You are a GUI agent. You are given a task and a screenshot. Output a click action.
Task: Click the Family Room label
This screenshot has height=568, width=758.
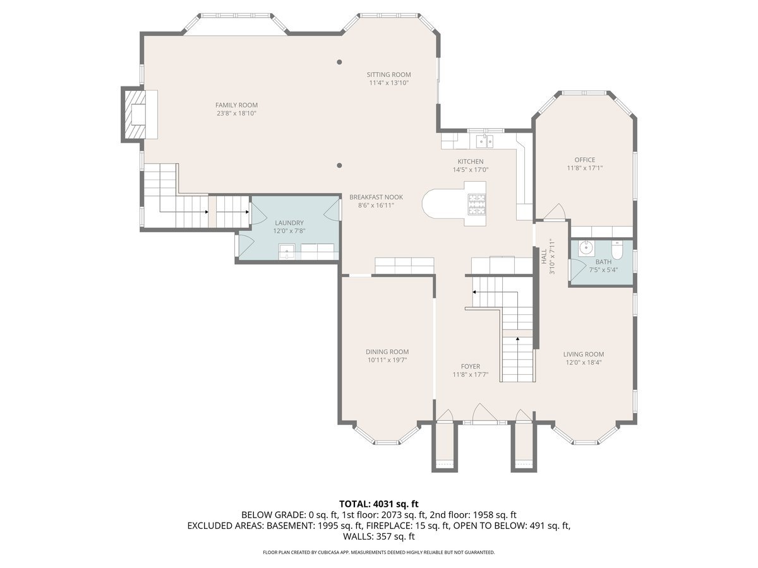pyautogui.click(x=236, y=105)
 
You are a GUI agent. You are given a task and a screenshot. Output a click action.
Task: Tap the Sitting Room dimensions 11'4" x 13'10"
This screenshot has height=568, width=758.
pyautogui.click(x=389, y=83)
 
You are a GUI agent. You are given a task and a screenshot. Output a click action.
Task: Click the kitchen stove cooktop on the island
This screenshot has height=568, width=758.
pyautogui.click(x=476, y=203)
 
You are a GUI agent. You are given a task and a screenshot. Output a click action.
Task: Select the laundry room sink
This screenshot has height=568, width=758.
pyautogui.click(x=287, y=252)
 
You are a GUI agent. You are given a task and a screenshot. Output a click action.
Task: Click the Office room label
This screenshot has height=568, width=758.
pyautogui.click(x=584, y=160)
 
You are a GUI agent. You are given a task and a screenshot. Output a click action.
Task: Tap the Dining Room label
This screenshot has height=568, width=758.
pyautogui.click(x=387, y=352)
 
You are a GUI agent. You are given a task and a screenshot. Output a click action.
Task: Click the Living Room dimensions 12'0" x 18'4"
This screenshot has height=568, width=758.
pyautogui.click(x=584, y=362)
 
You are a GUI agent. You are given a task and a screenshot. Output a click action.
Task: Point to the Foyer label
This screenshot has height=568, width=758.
pyautogui.click(x=470, y=366)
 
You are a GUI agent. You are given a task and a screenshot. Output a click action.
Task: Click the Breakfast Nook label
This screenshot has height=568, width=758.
pyautogui.click(x=376, y=197)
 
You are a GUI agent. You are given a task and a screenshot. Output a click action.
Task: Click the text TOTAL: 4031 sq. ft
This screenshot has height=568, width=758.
pyautogui.click(x=379, y=504)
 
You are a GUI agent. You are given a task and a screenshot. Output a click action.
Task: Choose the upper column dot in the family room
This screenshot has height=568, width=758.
pyautogui.click(x=339, y=62)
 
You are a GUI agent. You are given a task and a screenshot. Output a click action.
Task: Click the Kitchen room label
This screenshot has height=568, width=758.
pyautogui.click(x=471, y=162)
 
